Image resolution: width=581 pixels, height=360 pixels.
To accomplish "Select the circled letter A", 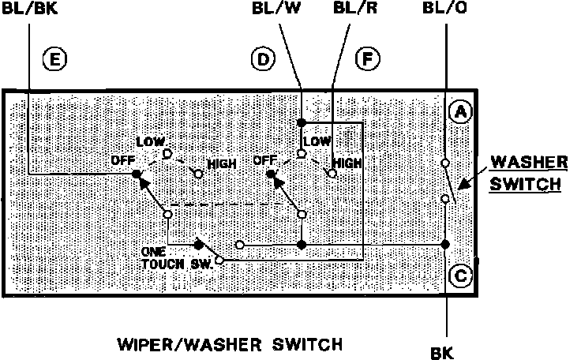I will tap(460, 112).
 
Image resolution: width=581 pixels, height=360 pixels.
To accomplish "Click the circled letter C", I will tap(460, 276).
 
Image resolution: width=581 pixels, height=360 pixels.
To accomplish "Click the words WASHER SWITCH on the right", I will tap(528, 174).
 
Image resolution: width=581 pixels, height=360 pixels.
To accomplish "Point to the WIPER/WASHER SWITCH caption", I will tap(229, 344).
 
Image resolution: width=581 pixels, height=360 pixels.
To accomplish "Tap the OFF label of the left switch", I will tap(120, 160).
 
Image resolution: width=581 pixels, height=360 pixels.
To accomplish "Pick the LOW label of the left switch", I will tap(150, 141).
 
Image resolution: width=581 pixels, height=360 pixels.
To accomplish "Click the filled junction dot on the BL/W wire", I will tap(302, 123).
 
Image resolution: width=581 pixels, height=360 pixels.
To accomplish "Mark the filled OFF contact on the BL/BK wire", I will tap(136, 173).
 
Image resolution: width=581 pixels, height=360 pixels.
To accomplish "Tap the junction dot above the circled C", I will tap(445, 244).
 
